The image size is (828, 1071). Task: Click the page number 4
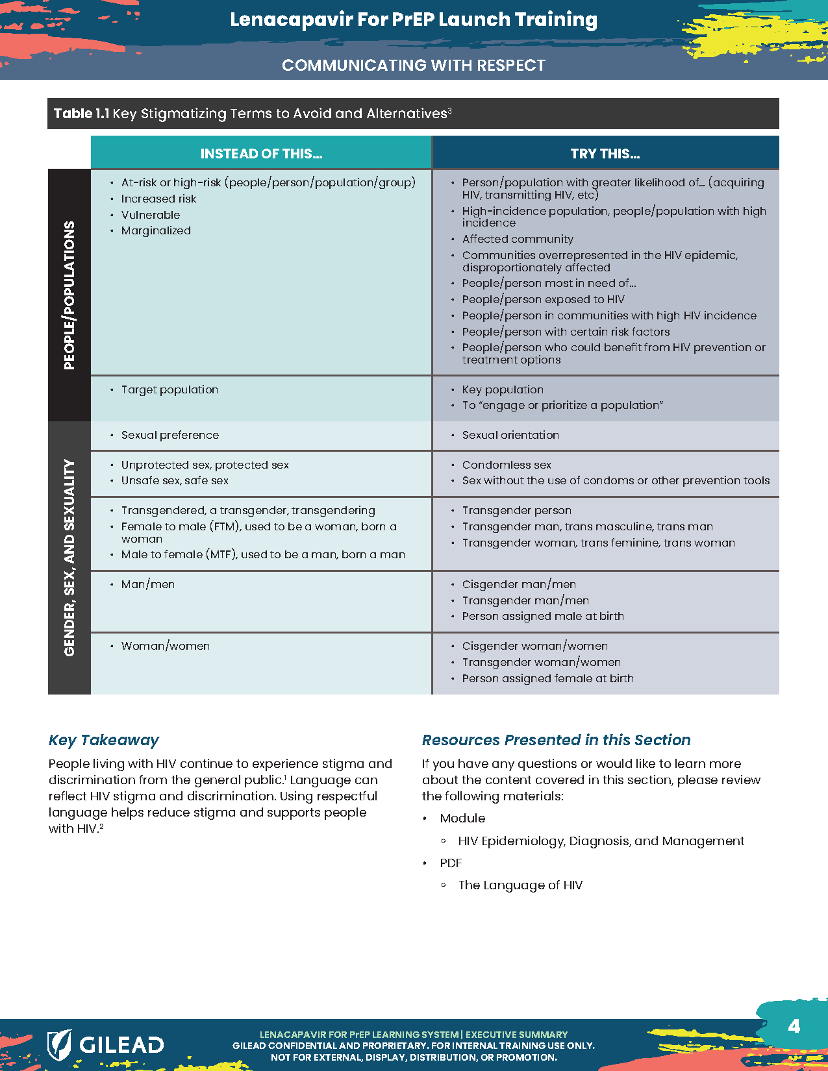(x=794, y=1026)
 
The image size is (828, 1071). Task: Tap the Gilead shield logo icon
(x=59, y=1044)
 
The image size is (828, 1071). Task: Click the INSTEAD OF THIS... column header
(x=261, y=154)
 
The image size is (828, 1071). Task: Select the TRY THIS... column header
(x=605, y=154)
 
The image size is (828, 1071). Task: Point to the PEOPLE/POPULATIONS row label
(x=69, y=295)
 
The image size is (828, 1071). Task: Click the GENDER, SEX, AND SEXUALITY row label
(x=69, y=558)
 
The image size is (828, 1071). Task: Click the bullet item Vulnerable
(x=151, y=215)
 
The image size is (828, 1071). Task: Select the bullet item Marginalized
(x=156, y=230)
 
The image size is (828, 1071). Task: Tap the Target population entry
(x=169, y=389)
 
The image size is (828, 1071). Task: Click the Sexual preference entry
(x=170, y=435)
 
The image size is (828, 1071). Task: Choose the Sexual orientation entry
(x=510, y=435)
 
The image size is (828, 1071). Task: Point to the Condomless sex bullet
(x=507, y=465)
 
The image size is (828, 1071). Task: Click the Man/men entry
(x=148, y=584)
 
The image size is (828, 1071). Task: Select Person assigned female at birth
(x=547, y=678)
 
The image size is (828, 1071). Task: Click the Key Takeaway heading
(x=104, y=740)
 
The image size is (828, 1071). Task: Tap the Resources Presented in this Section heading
(x=556, y=740)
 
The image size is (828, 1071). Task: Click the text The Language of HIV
(x=520, y=885)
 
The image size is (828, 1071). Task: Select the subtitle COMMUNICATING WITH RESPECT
(x=414, y=66)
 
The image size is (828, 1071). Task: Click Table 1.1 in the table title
(x=81, y=114)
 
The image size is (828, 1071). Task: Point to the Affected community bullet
(x=518, y=239)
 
